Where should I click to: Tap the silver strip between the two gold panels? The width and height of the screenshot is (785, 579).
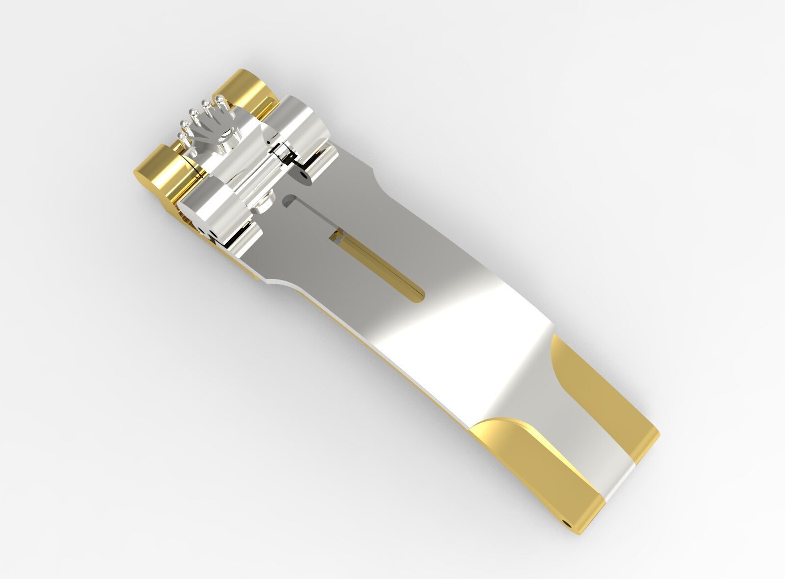579,441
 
